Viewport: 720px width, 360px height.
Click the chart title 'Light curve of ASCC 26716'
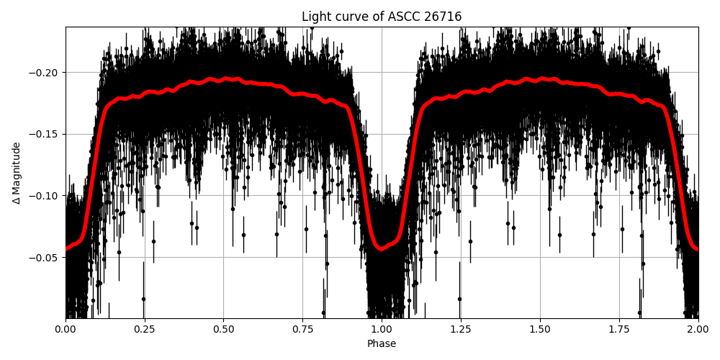tap(382, 17)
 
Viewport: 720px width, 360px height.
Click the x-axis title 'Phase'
tap(382, 344)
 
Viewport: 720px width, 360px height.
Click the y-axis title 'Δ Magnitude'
tap(17, 173)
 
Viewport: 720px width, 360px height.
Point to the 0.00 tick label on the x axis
tap(66, 329)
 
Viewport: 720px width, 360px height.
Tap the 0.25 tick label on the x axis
tap(145, 329)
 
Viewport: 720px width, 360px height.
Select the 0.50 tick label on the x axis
tap(223, 329)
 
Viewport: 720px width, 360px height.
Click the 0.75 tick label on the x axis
tap(302, 329)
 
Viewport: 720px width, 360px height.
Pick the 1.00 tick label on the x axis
tap(382, 329)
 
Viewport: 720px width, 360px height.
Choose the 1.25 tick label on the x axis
tap(461, 329)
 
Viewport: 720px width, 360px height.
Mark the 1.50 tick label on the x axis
tap(540, 329)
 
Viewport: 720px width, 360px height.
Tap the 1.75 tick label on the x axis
tap(619, 329)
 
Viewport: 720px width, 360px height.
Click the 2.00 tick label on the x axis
tap(698, 329)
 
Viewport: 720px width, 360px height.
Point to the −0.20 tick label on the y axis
tap(45, 73)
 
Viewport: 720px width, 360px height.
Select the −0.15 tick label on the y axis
tap(45, 135)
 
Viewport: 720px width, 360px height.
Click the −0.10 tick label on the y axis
tap(45, 196)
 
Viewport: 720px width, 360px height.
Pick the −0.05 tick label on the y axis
tap(45, 258)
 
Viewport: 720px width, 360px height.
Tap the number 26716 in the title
tap(443, 17)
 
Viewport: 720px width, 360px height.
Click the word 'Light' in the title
tap(315, 17)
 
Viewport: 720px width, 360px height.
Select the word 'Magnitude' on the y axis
tap(17, 166)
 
